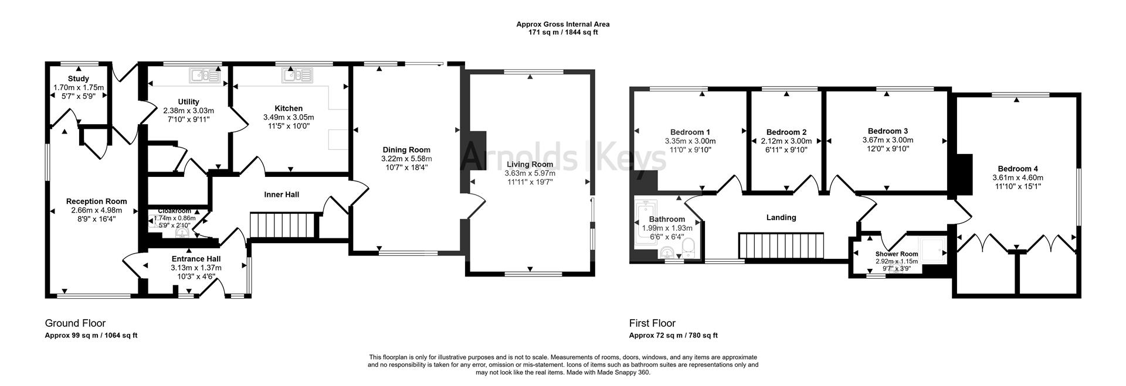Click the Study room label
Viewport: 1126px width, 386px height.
click(x=78, y=79)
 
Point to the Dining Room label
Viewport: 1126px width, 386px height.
click(x=406, y=150)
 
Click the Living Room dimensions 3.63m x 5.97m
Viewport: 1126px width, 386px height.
click(x=530, y=173)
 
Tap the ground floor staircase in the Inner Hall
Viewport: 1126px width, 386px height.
click(x=284, y=226)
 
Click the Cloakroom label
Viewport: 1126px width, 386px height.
click(x=174, y=211)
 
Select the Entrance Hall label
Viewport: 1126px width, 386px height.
click(x=196, y=259)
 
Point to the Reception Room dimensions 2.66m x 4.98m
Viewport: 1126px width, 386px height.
click(x=96, y=210)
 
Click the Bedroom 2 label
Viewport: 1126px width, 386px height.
click(x=786, y=132)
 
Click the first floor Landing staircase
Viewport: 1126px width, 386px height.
click(x=781, y=245)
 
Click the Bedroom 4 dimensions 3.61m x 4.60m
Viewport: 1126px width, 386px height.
click(x=1018, y=178)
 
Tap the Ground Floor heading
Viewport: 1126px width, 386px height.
click(x=75, y=323)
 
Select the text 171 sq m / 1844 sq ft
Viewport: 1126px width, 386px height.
click(x=562, y=33)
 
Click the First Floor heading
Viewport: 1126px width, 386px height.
click(x=652, y=323)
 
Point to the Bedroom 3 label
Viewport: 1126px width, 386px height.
click(x=887, y=131)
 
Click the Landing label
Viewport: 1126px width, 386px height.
click(x=781, y=218)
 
